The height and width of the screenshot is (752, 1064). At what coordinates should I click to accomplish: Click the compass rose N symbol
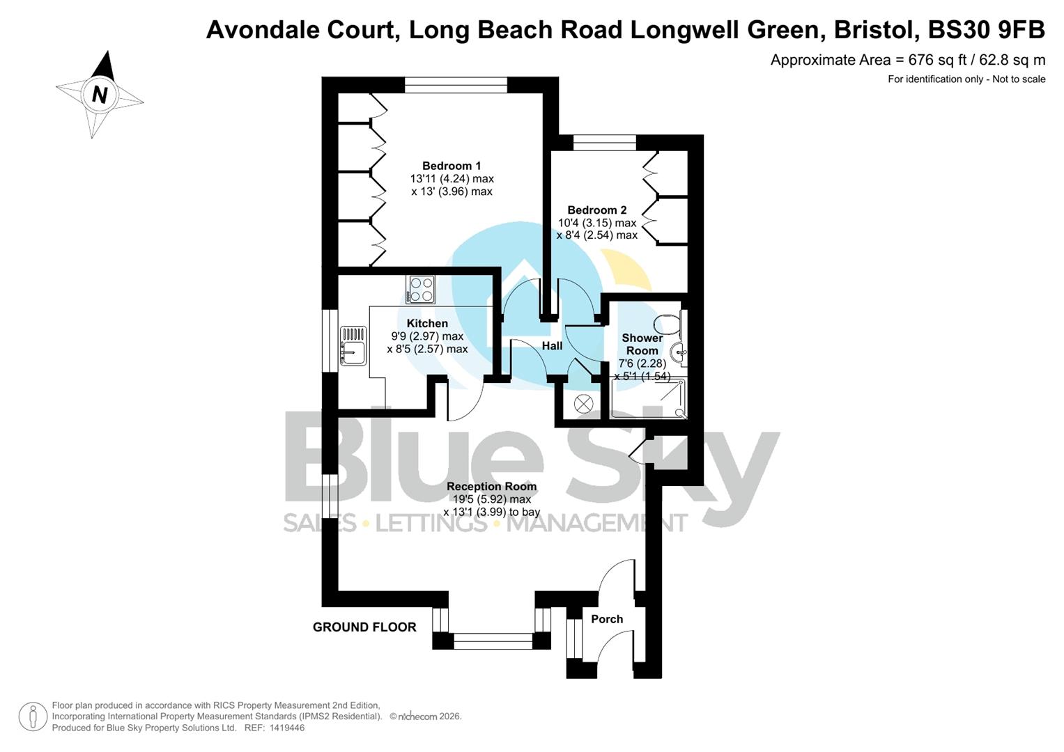[x=100, y=94]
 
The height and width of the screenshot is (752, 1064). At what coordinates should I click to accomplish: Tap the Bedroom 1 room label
[x=452, y=166]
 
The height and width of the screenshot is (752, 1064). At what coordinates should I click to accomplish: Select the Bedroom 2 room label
[x=596, y=210]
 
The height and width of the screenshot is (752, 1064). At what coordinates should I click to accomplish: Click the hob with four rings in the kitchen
[x=421, y=290]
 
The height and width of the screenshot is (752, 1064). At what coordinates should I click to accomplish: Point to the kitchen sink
[x=353, y=346]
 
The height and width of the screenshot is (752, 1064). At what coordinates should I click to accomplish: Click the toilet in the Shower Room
[x=668, y=324]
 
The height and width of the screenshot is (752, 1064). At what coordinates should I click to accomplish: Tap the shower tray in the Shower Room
[x=648, y=398]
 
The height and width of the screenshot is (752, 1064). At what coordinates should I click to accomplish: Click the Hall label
[x=552, y=345]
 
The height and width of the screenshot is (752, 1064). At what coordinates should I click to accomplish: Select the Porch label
[x=606, y=619]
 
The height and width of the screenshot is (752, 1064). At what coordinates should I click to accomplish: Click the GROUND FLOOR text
[x=364, y=627]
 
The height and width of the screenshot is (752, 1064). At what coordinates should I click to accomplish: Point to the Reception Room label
[x=491, y=486]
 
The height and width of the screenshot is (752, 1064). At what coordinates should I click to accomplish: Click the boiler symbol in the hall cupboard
[x=583, y=403]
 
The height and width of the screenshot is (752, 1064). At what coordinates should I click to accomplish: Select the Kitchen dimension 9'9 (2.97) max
[x=427, y=336]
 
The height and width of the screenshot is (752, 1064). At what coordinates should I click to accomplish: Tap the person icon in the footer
[x=33, y=716]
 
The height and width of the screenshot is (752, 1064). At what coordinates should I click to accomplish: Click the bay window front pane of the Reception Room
[x=493, y=641]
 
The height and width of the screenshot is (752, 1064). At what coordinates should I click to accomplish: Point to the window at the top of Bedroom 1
[x=456, y=85]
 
